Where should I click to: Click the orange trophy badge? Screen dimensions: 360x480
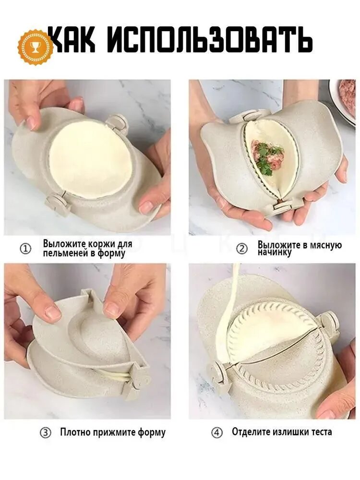point(35,47)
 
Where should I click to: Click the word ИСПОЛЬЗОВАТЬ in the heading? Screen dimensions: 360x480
point(210,40)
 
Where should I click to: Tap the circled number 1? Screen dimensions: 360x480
point(25,249)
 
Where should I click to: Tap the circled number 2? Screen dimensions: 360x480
point(242,249)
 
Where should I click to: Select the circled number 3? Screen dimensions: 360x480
point(46,433)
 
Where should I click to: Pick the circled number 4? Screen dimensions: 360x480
point(217,433)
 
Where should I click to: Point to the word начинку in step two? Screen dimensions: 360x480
point(274,253)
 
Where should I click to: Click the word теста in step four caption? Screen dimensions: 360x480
point(322,432)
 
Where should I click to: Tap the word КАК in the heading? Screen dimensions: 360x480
point(73,40)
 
